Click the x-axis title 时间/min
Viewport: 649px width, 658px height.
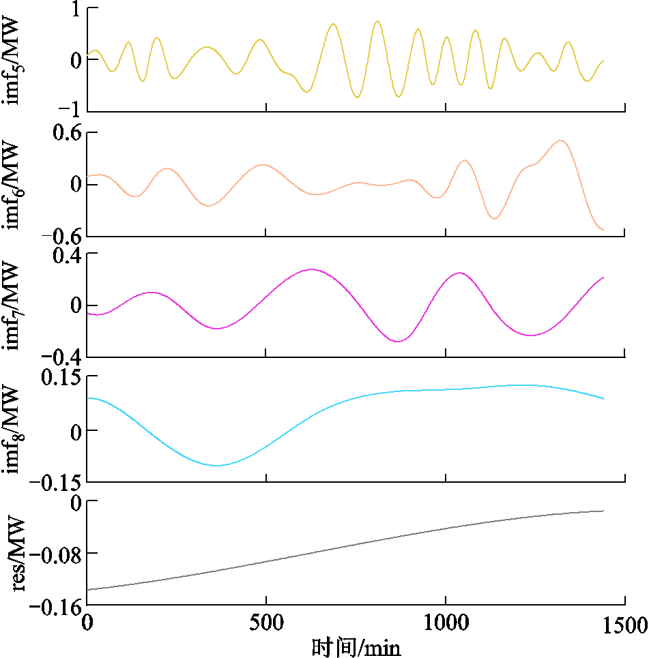356,646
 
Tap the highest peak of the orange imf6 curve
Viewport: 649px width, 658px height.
560,140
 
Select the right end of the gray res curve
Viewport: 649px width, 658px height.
604,511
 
